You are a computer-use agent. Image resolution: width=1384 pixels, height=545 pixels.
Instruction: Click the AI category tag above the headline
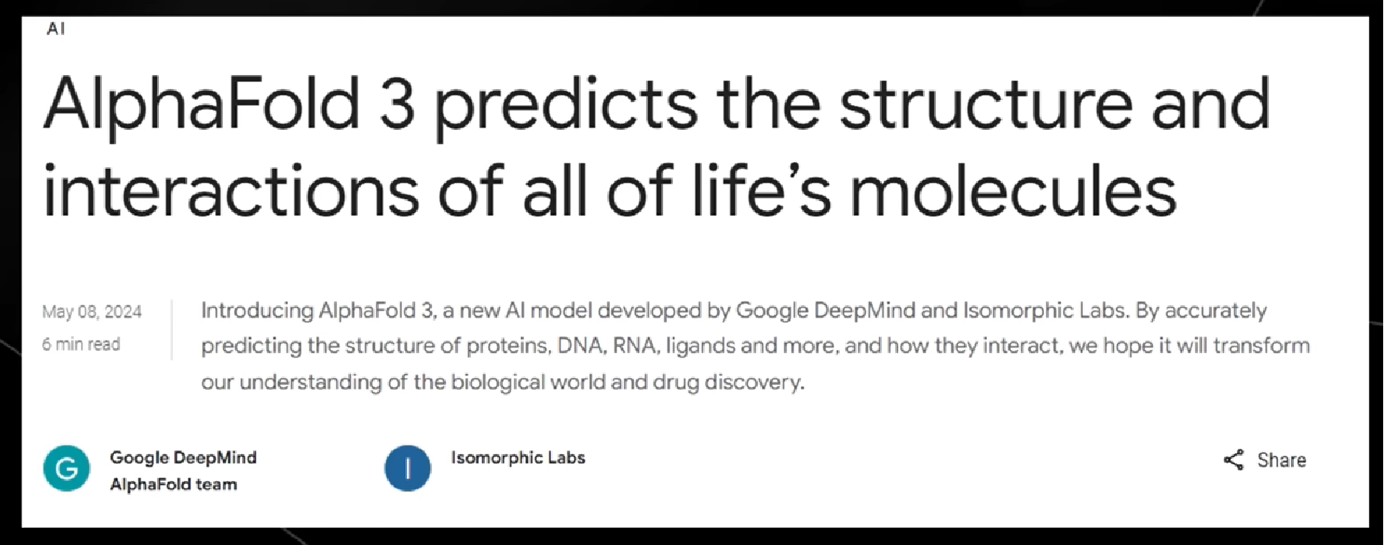[x=55, y=28]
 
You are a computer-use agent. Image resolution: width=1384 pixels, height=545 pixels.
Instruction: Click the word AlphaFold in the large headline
[x=201, y=103]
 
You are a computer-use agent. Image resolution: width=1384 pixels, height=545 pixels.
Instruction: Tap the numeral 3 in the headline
[x=396, y=103]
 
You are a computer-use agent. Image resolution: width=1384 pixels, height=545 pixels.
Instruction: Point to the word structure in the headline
[x=985, y=105]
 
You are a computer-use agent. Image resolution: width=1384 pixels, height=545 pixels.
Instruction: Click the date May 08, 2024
[x=92, y=312]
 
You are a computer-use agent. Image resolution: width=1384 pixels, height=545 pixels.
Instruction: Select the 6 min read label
[x=81, y=344]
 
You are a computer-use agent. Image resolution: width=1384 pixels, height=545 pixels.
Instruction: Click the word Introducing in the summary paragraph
[x=257, y=311]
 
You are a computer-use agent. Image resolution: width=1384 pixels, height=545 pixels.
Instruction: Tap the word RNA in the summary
[x=636, y=346]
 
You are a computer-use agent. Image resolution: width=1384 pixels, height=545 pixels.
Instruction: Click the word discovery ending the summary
[x=754, y=382]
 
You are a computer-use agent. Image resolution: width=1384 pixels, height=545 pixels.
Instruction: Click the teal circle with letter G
[x=67, y=468]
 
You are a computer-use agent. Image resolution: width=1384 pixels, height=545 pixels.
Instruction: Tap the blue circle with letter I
[x=408, y=468]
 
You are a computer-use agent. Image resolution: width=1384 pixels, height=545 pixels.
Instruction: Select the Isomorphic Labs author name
[x=518, y=458]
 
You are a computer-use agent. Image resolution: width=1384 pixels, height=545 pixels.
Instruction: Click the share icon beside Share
[x=1233, y=460]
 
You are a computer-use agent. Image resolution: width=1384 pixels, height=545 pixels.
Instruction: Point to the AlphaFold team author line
[x=173, y=484]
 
